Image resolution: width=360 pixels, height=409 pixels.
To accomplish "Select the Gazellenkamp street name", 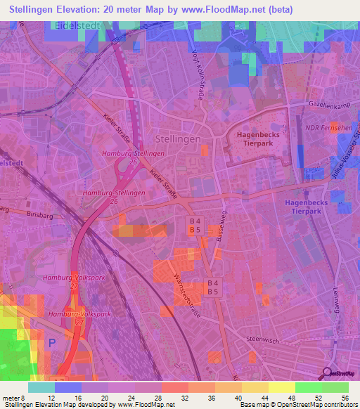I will [328, 103].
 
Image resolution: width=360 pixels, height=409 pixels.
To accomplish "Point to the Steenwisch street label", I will [264, 339].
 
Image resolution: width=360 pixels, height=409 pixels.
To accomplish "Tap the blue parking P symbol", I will [51, 343].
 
